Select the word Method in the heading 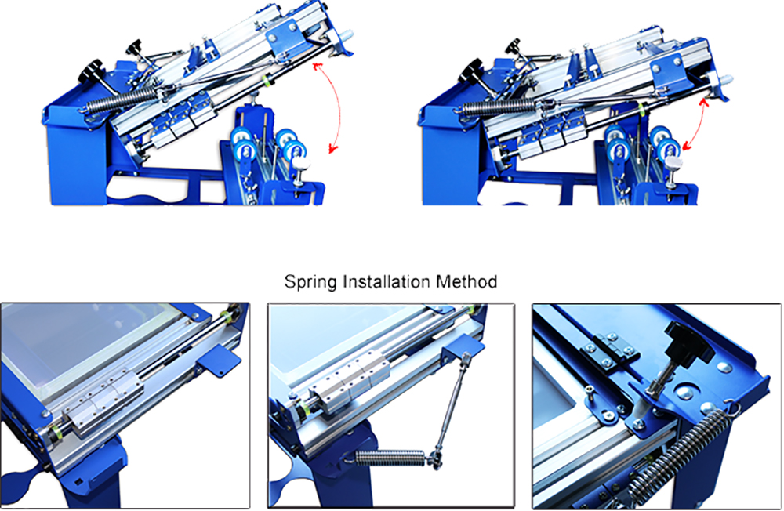pos(466,281)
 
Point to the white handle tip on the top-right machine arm pos(725,80)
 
